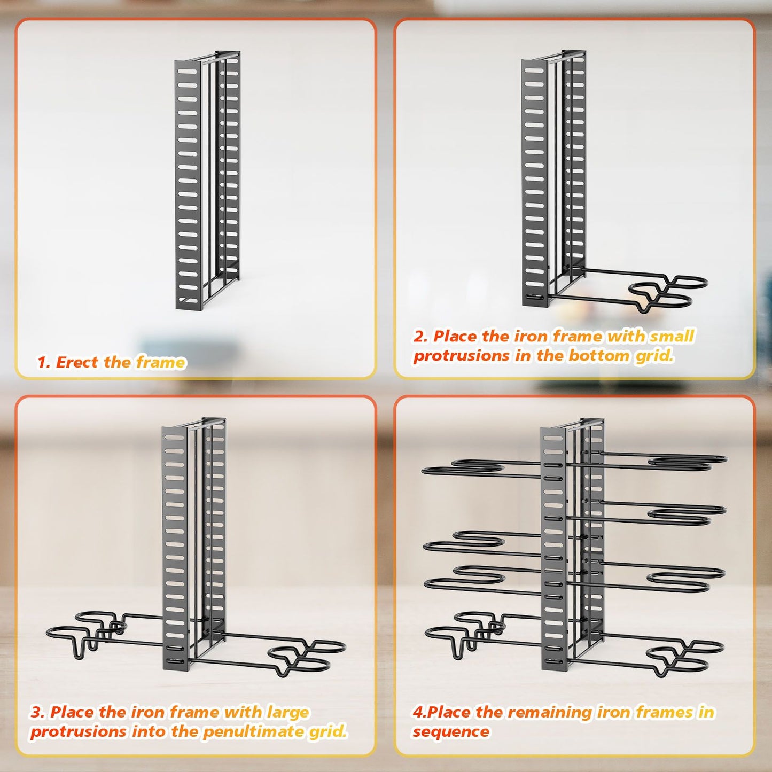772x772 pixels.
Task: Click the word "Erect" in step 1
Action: pos(77,362)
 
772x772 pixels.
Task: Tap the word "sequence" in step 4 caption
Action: pos(450,731)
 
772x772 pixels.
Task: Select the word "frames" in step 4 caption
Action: pos(664,712)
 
